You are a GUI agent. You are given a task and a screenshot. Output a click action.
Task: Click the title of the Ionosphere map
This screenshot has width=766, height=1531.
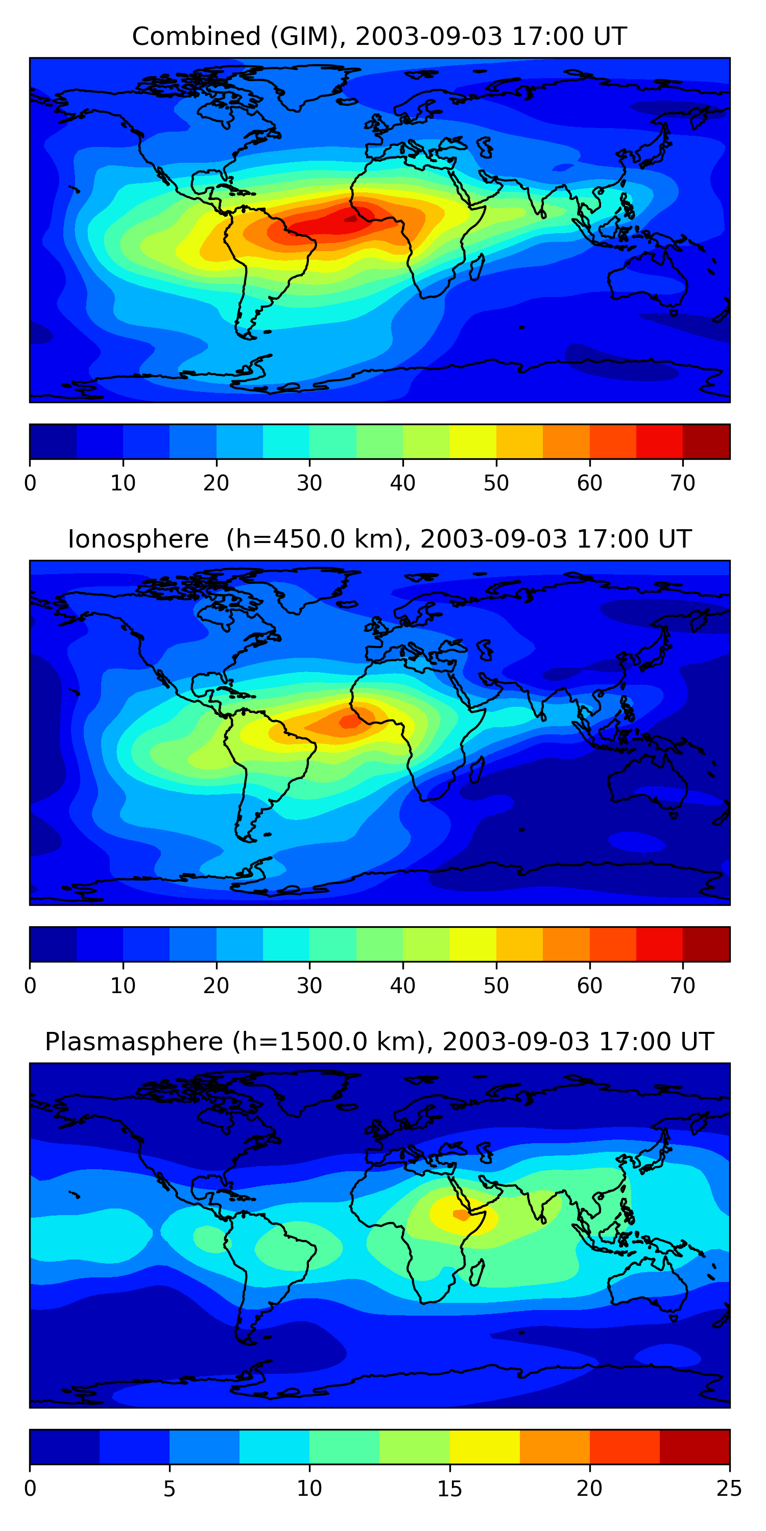click(379, 539)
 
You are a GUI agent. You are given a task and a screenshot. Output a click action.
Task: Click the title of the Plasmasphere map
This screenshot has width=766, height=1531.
click(379, 1042)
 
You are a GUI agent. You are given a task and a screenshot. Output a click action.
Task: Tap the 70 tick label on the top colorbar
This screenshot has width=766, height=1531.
click(683, 483)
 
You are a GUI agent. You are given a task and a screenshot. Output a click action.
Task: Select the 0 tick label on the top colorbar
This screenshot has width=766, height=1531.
click(30, 483)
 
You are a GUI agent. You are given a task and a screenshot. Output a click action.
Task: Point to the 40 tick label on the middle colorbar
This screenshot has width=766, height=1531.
click(402, 986)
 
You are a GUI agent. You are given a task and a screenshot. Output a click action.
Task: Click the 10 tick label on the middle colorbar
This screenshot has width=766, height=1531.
click(123, 986)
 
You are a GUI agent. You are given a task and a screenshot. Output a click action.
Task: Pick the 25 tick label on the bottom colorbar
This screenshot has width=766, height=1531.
click(729, 1489)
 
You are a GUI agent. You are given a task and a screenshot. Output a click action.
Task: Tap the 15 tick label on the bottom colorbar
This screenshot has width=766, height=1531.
click(449, 1489)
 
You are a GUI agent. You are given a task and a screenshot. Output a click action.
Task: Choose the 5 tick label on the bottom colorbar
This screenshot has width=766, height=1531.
click(170, 1489)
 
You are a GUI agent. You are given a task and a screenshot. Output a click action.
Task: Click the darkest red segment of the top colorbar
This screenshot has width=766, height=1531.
click(706, 441)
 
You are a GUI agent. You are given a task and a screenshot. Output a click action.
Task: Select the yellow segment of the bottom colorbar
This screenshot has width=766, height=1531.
click(485, 1447)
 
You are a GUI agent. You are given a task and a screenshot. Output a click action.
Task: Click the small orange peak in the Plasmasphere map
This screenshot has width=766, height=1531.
click(461, 1215)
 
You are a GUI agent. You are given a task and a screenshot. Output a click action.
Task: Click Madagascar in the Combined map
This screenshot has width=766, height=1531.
click(477, 267)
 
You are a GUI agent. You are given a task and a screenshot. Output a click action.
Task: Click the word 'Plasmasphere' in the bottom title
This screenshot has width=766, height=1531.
click(134, 1042)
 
